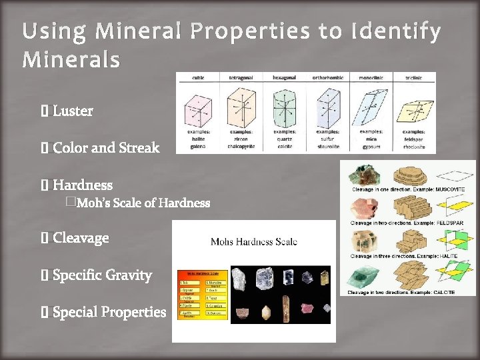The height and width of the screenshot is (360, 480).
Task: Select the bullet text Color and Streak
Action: pos(105,147)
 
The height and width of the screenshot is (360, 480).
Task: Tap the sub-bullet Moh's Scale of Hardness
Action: pos(143,203)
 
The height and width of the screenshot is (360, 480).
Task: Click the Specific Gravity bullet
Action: pos(102,275)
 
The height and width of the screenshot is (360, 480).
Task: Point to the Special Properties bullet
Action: pos(109,311)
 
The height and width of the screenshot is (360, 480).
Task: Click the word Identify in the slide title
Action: pos(398,31)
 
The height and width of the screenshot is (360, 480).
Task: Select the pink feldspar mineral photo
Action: pos(364,207)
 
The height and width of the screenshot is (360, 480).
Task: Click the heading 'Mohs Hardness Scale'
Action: pos(253,241)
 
